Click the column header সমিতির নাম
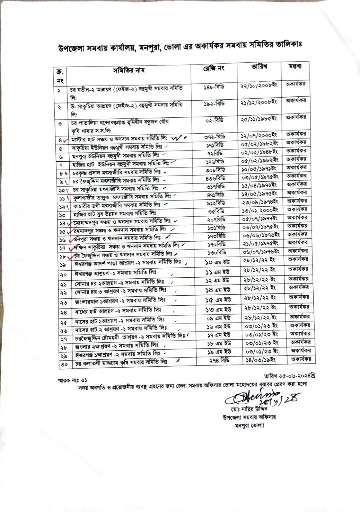click(x=129, y=71)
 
